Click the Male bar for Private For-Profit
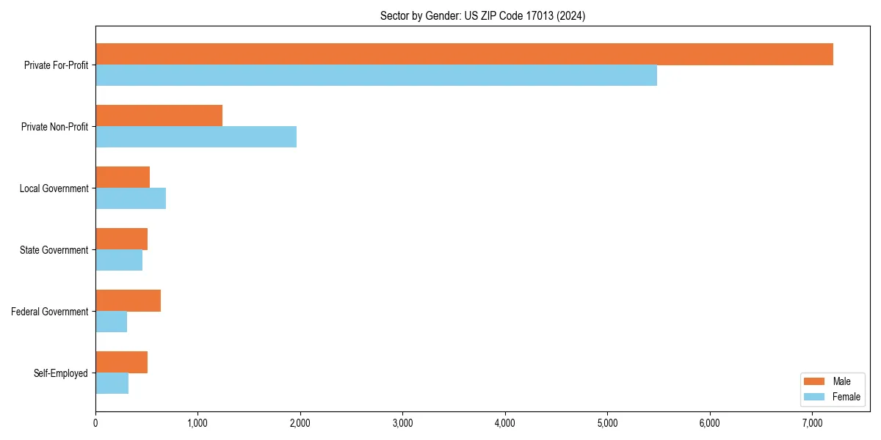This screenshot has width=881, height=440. click(x=464, y=54)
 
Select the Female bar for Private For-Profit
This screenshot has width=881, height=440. click(x=376, y=76)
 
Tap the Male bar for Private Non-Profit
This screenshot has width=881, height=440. click(x=159, y=116)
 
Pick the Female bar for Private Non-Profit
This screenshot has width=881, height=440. click(x=196, y=137)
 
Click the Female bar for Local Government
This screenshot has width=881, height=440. click(x=131, y=199)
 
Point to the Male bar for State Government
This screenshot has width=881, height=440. click(x=121, y=239)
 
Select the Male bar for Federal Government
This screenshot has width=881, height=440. click(x=128, y=301)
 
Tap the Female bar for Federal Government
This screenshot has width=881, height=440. click(x=111, y=322)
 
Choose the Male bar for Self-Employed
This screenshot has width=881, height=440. click(x=121, y=362)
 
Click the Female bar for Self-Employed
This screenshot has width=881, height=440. click(x=112, y=384)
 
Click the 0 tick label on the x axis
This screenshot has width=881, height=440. click(x=95, y=423)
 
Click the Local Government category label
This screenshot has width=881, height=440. click(x=54, y=188)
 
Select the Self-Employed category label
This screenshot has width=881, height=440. click(x=60, y=373)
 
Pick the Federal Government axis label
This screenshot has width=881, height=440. click(x=49, y=312)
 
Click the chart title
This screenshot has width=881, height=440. click(x=482, y=16)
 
